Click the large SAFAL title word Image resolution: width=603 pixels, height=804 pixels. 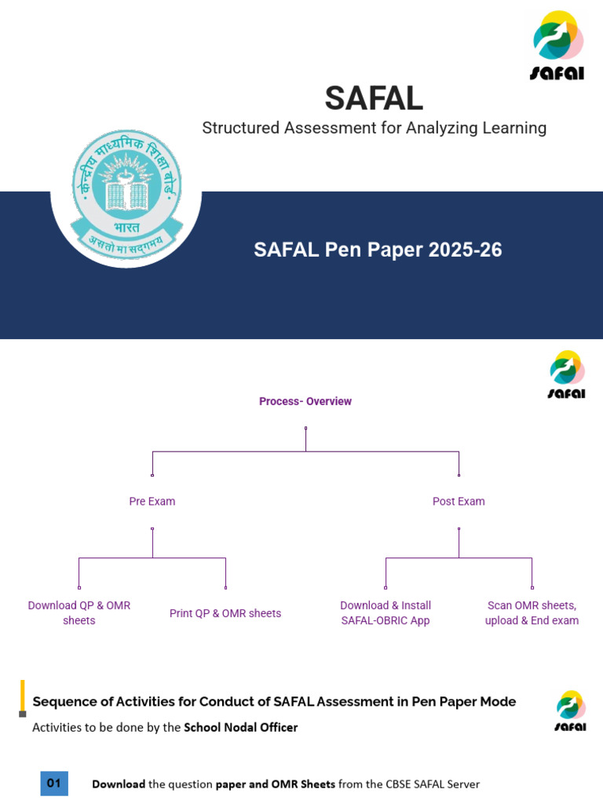[x=374, y=98]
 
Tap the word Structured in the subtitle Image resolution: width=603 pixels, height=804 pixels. [x=239, y=128]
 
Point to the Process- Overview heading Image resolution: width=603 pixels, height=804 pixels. [x=305, y=401]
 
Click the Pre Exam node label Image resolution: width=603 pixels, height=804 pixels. [x=152, y=501]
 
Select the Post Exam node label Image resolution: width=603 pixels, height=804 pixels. [x=459, y=501]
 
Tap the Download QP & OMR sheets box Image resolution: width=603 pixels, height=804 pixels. [x=79, y=612]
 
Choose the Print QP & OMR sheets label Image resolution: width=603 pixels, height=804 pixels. [x=225, y=613]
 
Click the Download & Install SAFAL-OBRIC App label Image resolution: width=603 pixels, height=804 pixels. [x=386, y=612]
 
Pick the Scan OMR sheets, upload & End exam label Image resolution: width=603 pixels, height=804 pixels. [x=532, y=612]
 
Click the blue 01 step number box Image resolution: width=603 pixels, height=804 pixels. [x=54, y=783]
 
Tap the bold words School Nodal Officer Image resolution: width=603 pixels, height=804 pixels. [x=241, y=727]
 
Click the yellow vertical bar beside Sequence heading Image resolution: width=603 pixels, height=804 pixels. [x=23, y=695]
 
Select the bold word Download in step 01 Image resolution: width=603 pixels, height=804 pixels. [x=119, y=784]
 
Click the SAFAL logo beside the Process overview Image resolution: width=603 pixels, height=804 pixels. [x=566, y=375]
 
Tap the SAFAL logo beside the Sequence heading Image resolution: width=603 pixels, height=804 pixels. [x=569, y=711]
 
